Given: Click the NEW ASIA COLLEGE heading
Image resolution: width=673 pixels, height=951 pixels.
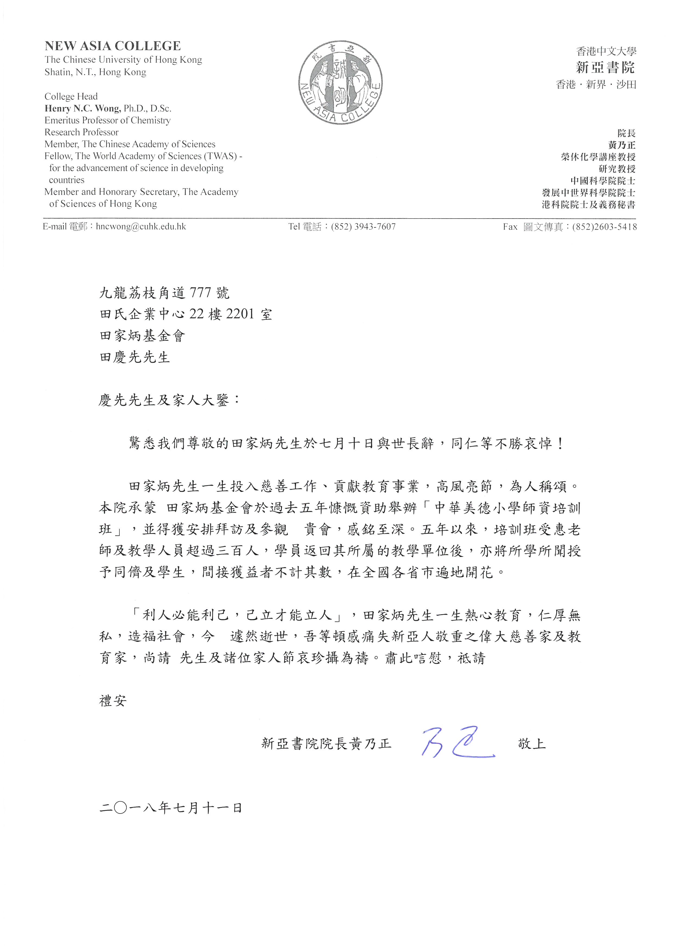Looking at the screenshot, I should (x=112, y=46).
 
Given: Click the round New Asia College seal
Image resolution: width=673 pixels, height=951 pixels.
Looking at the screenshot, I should (x=340, y=83).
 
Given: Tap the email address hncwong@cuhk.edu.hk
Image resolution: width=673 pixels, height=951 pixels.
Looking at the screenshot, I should (x=141, y=227).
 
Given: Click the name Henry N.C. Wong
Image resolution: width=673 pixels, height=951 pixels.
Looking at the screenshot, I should (x=83, y=108).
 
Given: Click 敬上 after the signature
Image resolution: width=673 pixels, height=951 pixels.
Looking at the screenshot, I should (x=532, y=744).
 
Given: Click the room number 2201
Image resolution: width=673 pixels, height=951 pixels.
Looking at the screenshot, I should (x=240, y=314).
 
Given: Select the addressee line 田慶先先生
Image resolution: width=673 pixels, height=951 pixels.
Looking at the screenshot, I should (x=135, y=357).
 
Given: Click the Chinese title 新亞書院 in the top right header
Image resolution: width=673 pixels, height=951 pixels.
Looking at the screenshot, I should (x=605, y=67).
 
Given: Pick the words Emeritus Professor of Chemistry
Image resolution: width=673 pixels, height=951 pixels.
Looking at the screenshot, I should (x=107, y=120).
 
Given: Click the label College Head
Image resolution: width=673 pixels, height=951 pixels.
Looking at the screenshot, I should (x=71, y=97).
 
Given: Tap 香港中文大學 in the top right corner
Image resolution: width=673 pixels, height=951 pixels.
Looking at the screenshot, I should (x=606, y=51).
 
